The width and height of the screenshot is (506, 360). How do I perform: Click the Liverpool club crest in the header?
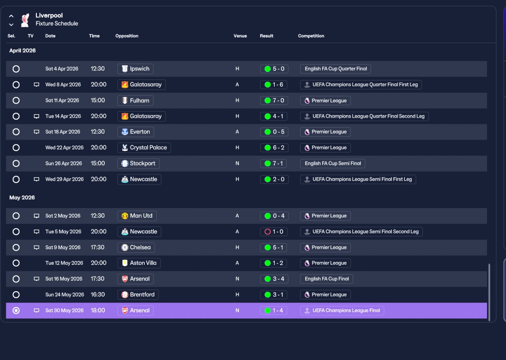coord(25,20)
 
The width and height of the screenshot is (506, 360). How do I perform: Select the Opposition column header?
coord(127,36)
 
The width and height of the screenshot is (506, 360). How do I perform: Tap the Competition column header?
coord(311,36)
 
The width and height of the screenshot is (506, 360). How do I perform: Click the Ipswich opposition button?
coord(135,69)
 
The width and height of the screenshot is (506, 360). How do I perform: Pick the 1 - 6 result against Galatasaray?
coord(274,85)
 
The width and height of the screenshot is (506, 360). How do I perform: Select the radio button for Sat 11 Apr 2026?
coord(16,100)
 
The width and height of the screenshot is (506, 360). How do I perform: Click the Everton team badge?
coord(125,132)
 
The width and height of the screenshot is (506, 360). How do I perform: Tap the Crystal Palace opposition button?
coord(144,148)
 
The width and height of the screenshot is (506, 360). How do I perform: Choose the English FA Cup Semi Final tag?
coord(332,163)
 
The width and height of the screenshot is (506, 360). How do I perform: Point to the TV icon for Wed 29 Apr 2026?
coord(36,179)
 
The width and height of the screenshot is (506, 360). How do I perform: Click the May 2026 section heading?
coord(22,198)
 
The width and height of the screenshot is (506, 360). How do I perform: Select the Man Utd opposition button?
coord(137,216)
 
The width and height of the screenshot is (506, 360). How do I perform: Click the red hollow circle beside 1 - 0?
coord(268,232)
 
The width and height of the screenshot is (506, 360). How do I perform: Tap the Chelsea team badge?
coord(125,248)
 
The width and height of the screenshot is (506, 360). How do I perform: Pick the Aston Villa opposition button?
coord(139,263)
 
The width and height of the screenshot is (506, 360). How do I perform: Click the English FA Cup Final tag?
coord(327,279)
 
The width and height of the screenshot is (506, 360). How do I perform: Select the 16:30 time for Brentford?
coord(98,295)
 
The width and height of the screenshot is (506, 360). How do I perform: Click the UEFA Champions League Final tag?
coord(342,311)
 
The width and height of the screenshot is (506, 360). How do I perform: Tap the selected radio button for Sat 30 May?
coord(16,311)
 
